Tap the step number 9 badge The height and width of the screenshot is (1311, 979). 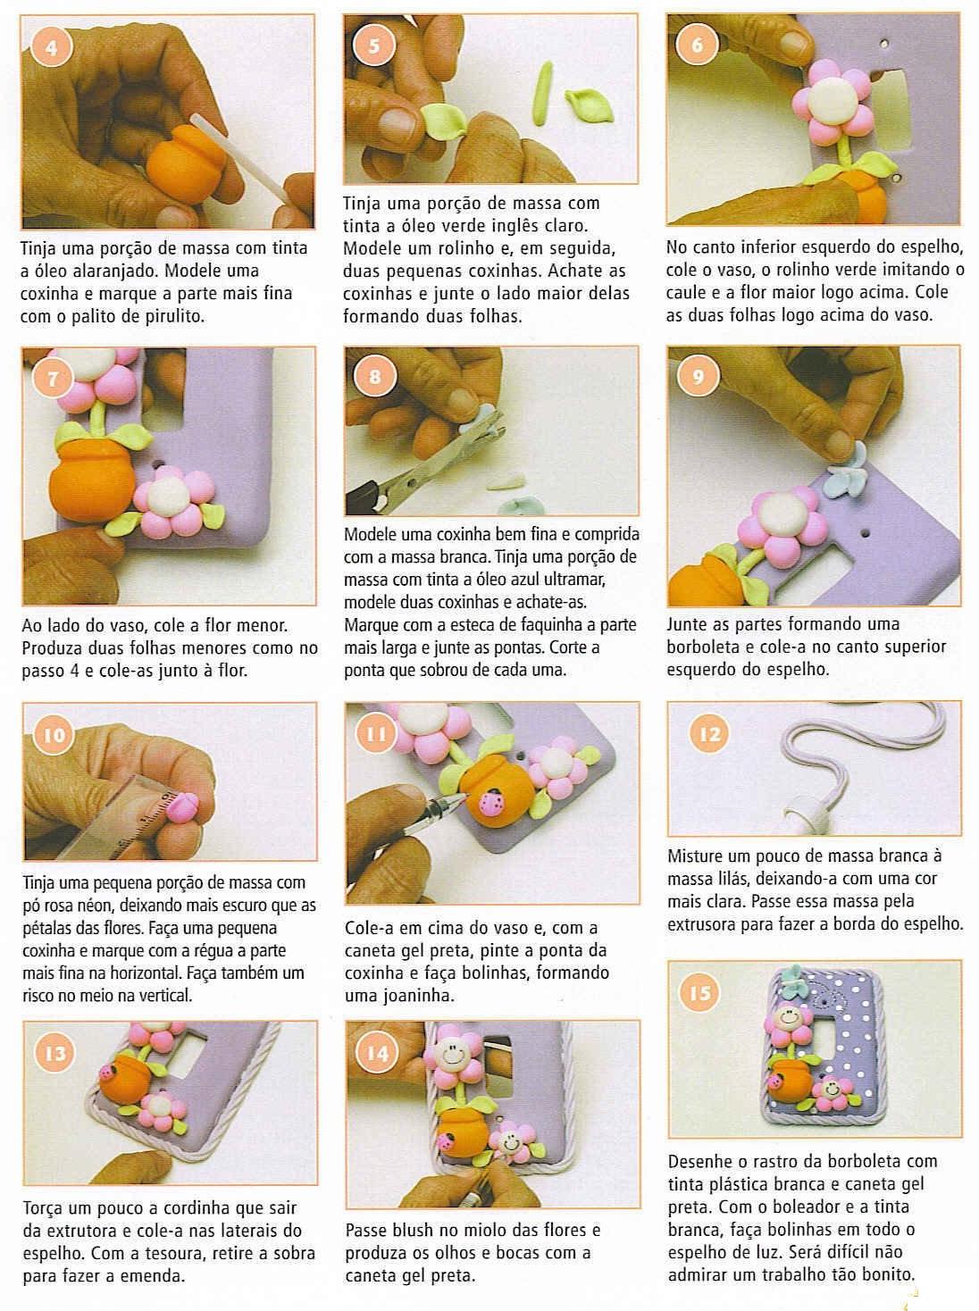(698, 376)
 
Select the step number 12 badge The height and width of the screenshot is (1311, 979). (709, 733)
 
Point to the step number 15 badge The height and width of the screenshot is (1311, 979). (700, 993)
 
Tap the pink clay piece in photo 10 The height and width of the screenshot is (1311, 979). (181, 807)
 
